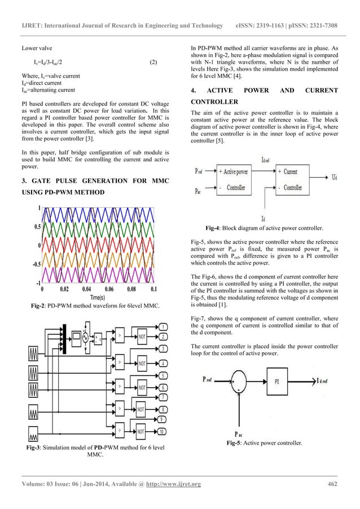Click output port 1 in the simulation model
coord(163,327)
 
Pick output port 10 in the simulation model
coord(163,432)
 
